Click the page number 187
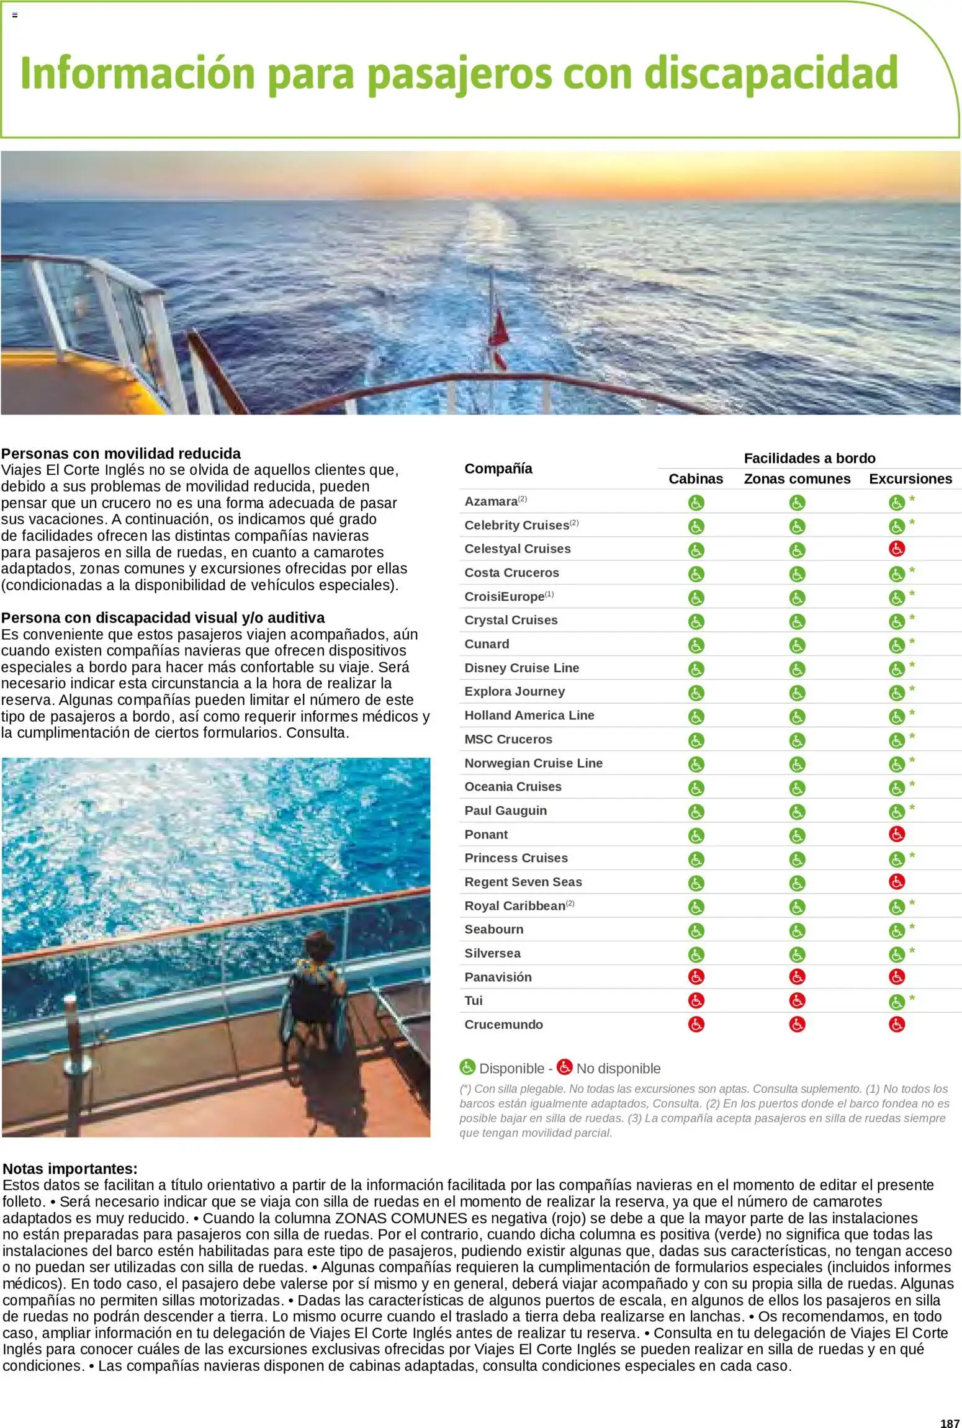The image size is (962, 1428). [x=950, y=1418]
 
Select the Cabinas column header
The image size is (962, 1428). [x=696, y=479]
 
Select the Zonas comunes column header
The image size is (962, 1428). [x=797, y=479]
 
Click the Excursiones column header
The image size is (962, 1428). [x=910, y=479]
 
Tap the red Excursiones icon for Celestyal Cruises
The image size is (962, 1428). [x=896, y=549]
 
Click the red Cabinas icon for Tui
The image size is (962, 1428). [x=696, y=1000]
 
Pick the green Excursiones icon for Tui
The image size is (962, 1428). [x=896, y=1002]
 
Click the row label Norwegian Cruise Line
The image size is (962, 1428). [x=533, y=763]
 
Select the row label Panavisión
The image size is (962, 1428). [x=498, y=977]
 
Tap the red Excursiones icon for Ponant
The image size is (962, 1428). [x=896, y=834]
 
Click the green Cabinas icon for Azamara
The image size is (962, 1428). [x=696, y=502]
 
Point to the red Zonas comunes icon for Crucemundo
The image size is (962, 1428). [x=797, y=1025]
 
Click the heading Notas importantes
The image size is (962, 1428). [x=70, y=1169]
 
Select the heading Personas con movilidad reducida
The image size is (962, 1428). [x=121, y=453]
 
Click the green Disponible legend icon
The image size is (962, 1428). [x=467, y=1067]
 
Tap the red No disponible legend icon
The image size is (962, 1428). [x=564, y=1067]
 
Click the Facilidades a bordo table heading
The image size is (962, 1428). [x=809, y=458]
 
